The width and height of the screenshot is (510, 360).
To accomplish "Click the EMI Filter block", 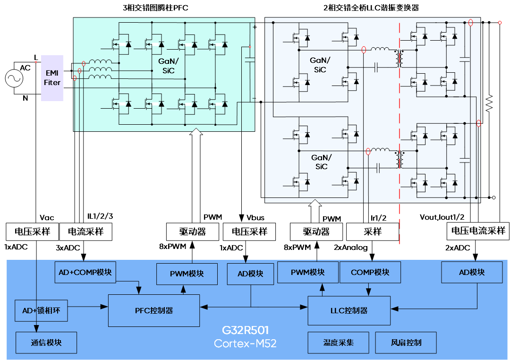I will click(x=52, y=78).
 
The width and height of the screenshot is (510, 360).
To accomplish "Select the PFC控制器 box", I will click(x=154, y=310).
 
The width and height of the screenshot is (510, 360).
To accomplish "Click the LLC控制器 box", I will click(x=349, y=310).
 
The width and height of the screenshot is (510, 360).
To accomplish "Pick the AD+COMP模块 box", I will click(x=85, y=273).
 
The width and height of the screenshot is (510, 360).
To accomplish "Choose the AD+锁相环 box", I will click(x=41, y=310).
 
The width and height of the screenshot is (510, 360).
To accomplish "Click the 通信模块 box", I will click(x=46, y=343).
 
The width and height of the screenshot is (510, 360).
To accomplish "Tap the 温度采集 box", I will click(x=338, y=343).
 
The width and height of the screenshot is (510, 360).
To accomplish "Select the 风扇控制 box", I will click(x=406, y=343).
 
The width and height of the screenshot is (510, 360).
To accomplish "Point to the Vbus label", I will click(x=255, y=217).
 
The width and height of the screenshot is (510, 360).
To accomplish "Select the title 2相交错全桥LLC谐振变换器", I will click(x=371, y=8).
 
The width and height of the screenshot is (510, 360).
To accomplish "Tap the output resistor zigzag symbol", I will click(x=490, y=102).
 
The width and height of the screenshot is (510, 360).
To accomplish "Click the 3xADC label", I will click(x=68, y=248).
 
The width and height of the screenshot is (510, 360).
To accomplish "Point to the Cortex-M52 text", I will click(x=245, y=343).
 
